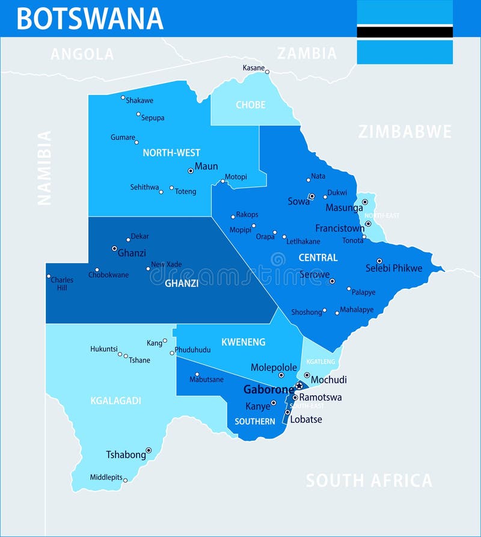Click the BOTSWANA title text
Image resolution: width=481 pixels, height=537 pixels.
click(90, 19)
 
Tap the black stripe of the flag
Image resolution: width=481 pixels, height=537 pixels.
click(405, 32)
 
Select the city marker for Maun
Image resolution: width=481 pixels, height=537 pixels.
click(191, 171)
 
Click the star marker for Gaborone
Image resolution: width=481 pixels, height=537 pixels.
click(298, 385)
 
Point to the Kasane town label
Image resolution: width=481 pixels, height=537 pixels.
click(253, 68)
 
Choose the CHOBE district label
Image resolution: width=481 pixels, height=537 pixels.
click(250, 105)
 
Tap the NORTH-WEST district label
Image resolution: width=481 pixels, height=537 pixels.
click(171, 153)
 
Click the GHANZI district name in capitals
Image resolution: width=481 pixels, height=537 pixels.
click(182, 283)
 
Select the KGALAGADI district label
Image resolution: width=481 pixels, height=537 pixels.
click(115, 400)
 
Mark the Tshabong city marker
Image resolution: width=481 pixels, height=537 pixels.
click(149, 450)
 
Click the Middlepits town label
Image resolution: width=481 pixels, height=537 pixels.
click(106, 477)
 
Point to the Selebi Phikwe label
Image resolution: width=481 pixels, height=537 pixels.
click(394, 268)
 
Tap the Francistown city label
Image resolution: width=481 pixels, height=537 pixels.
click(340, 229)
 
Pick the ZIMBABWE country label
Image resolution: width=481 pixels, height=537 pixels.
click(405, 132)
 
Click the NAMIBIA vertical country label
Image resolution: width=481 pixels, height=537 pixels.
click(44, 168)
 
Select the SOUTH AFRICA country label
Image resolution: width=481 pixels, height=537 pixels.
click(369, 480)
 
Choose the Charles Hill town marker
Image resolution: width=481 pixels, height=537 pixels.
click(49, 277)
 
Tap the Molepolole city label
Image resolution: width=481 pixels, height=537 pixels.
click(274, 367)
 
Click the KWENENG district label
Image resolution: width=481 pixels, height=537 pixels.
click(243, 342)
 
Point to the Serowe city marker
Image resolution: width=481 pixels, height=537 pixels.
click(332, 281)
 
